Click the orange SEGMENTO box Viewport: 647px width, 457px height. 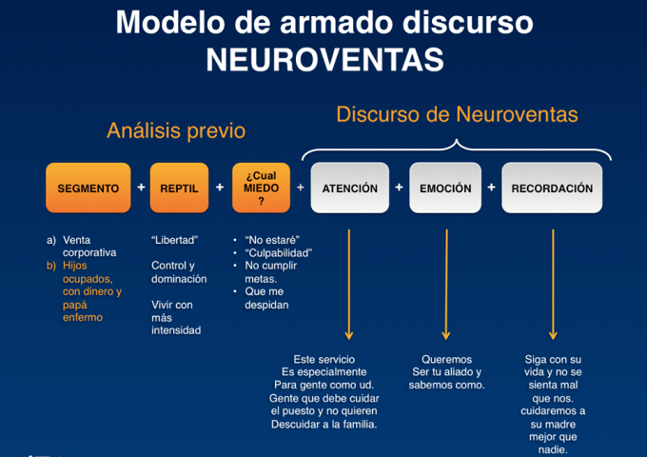(88, 189)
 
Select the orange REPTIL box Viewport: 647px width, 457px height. (179, 189)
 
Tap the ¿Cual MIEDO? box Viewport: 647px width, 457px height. (261, 189)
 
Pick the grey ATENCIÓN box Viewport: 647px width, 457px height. (349, 189)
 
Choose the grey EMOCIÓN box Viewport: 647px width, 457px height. (445, 189)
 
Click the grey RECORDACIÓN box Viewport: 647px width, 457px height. (552, 189)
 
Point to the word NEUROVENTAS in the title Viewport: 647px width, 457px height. (324, 59)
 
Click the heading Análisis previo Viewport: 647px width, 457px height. (175, 130)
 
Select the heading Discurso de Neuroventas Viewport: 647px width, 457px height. (457, 115)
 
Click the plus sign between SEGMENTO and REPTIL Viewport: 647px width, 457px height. (141, 188)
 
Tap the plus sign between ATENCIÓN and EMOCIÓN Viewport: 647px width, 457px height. (398, 188)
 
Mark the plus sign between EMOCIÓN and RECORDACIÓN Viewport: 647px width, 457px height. (491, 188)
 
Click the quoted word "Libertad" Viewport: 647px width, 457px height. (174, 240)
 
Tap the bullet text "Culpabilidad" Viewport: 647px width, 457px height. (279, 253)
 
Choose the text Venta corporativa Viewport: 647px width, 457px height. (89, 247)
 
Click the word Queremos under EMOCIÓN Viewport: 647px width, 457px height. (446, 359)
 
